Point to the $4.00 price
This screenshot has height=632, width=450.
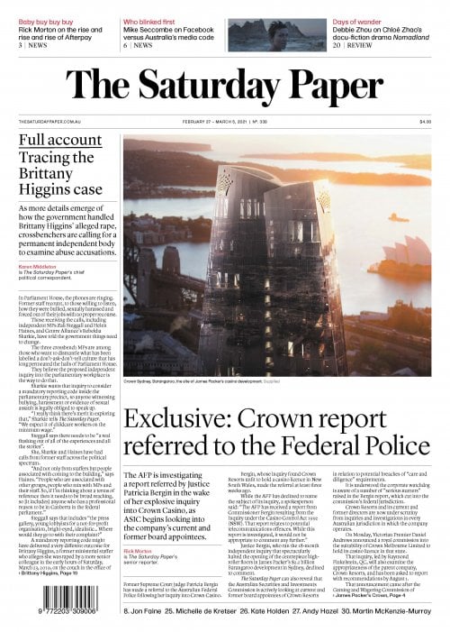[x=425, y=122]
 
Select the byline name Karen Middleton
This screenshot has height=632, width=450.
[x=37, y=267]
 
